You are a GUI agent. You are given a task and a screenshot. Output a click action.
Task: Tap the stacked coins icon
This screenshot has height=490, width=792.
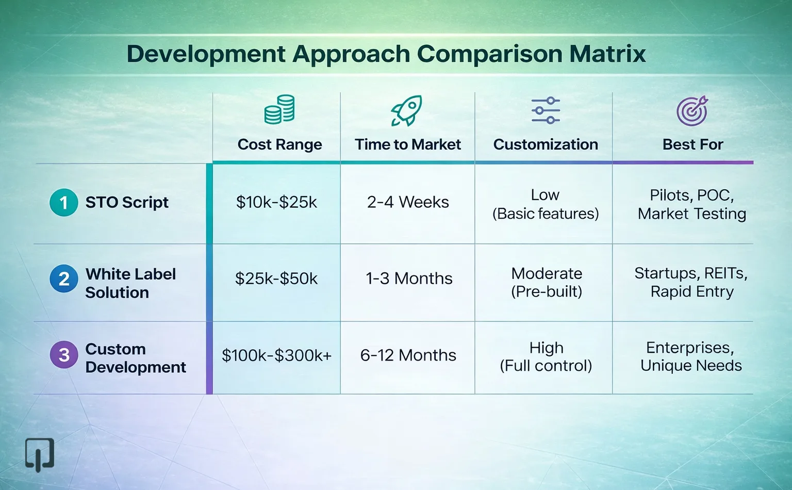click(279, 109)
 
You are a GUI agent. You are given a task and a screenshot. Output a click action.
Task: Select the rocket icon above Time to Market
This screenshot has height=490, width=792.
click(406, 110)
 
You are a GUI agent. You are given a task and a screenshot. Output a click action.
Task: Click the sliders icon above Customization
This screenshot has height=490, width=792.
click(546, 110)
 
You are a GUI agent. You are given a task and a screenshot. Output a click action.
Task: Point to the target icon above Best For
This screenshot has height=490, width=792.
click(692, 111)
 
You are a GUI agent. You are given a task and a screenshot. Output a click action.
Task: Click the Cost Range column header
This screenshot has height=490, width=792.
click(279, 144)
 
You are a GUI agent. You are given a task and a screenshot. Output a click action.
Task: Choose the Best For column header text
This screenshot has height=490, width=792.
click(692, 144)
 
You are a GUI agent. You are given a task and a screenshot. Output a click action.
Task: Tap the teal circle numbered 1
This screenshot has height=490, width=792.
click(64, 202)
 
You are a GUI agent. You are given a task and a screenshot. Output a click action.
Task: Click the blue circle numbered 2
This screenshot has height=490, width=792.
click(64, 279)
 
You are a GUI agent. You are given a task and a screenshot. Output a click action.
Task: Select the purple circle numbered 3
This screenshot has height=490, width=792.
click(64, 355)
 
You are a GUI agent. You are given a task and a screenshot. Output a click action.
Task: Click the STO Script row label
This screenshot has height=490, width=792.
click(127, 202)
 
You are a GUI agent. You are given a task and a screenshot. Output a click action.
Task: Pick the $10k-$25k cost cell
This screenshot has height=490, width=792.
click(276, 202)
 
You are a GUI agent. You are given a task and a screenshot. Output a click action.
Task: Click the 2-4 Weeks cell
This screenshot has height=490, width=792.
click(408, 202)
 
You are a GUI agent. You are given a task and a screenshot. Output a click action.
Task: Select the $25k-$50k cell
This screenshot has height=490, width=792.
click(276, 279)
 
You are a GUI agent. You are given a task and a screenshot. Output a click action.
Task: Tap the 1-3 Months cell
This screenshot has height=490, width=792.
click(409, 279)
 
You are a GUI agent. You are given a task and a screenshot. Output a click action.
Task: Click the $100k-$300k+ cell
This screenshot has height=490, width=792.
click(276, 355)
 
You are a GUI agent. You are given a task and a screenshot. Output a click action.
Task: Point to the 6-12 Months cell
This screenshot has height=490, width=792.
click(408, 355)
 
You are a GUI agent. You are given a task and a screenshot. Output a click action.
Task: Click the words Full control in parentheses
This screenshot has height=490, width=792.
click(546, 366)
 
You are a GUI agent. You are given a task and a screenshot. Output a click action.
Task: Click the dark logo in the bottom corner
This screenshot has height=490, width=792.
click(40, 454)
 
